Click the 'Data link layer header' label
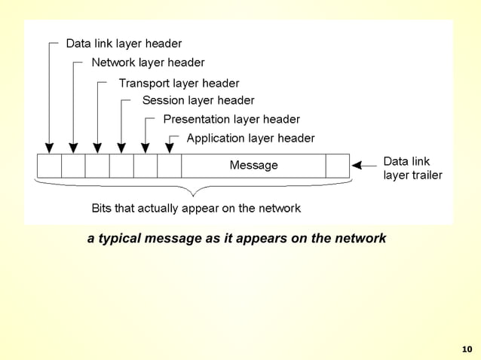pos(124,44)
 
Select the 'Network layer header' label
pos(148,63)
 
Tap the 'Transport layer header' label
pos(179,83)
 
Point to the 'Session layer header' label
pos(198,100)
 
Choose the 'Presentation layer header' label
pos(231,119)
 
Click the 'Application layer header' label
pos(250,138)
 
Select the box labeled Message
pos(253,165)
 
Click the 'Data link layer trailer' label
pos(412,168)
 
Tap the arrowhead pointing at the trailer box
pos(359,165)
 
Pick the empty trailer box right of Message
pos(338,165)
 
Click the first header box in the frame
pos(49,165)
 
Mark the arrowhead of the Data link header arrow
pos(49,148)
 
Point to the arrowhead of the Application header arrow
pos(170,148)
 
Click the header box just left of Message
pos(170,165)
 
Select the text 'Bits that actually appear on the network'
pos(196,208)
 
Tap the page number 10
pos(466,349)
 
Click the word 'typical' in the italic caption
pos(122,239)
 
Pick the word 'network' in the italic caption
pos(360,239)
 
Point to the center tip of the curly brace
pos(194,194)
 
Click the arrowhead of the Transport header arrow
pos(97,148)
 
